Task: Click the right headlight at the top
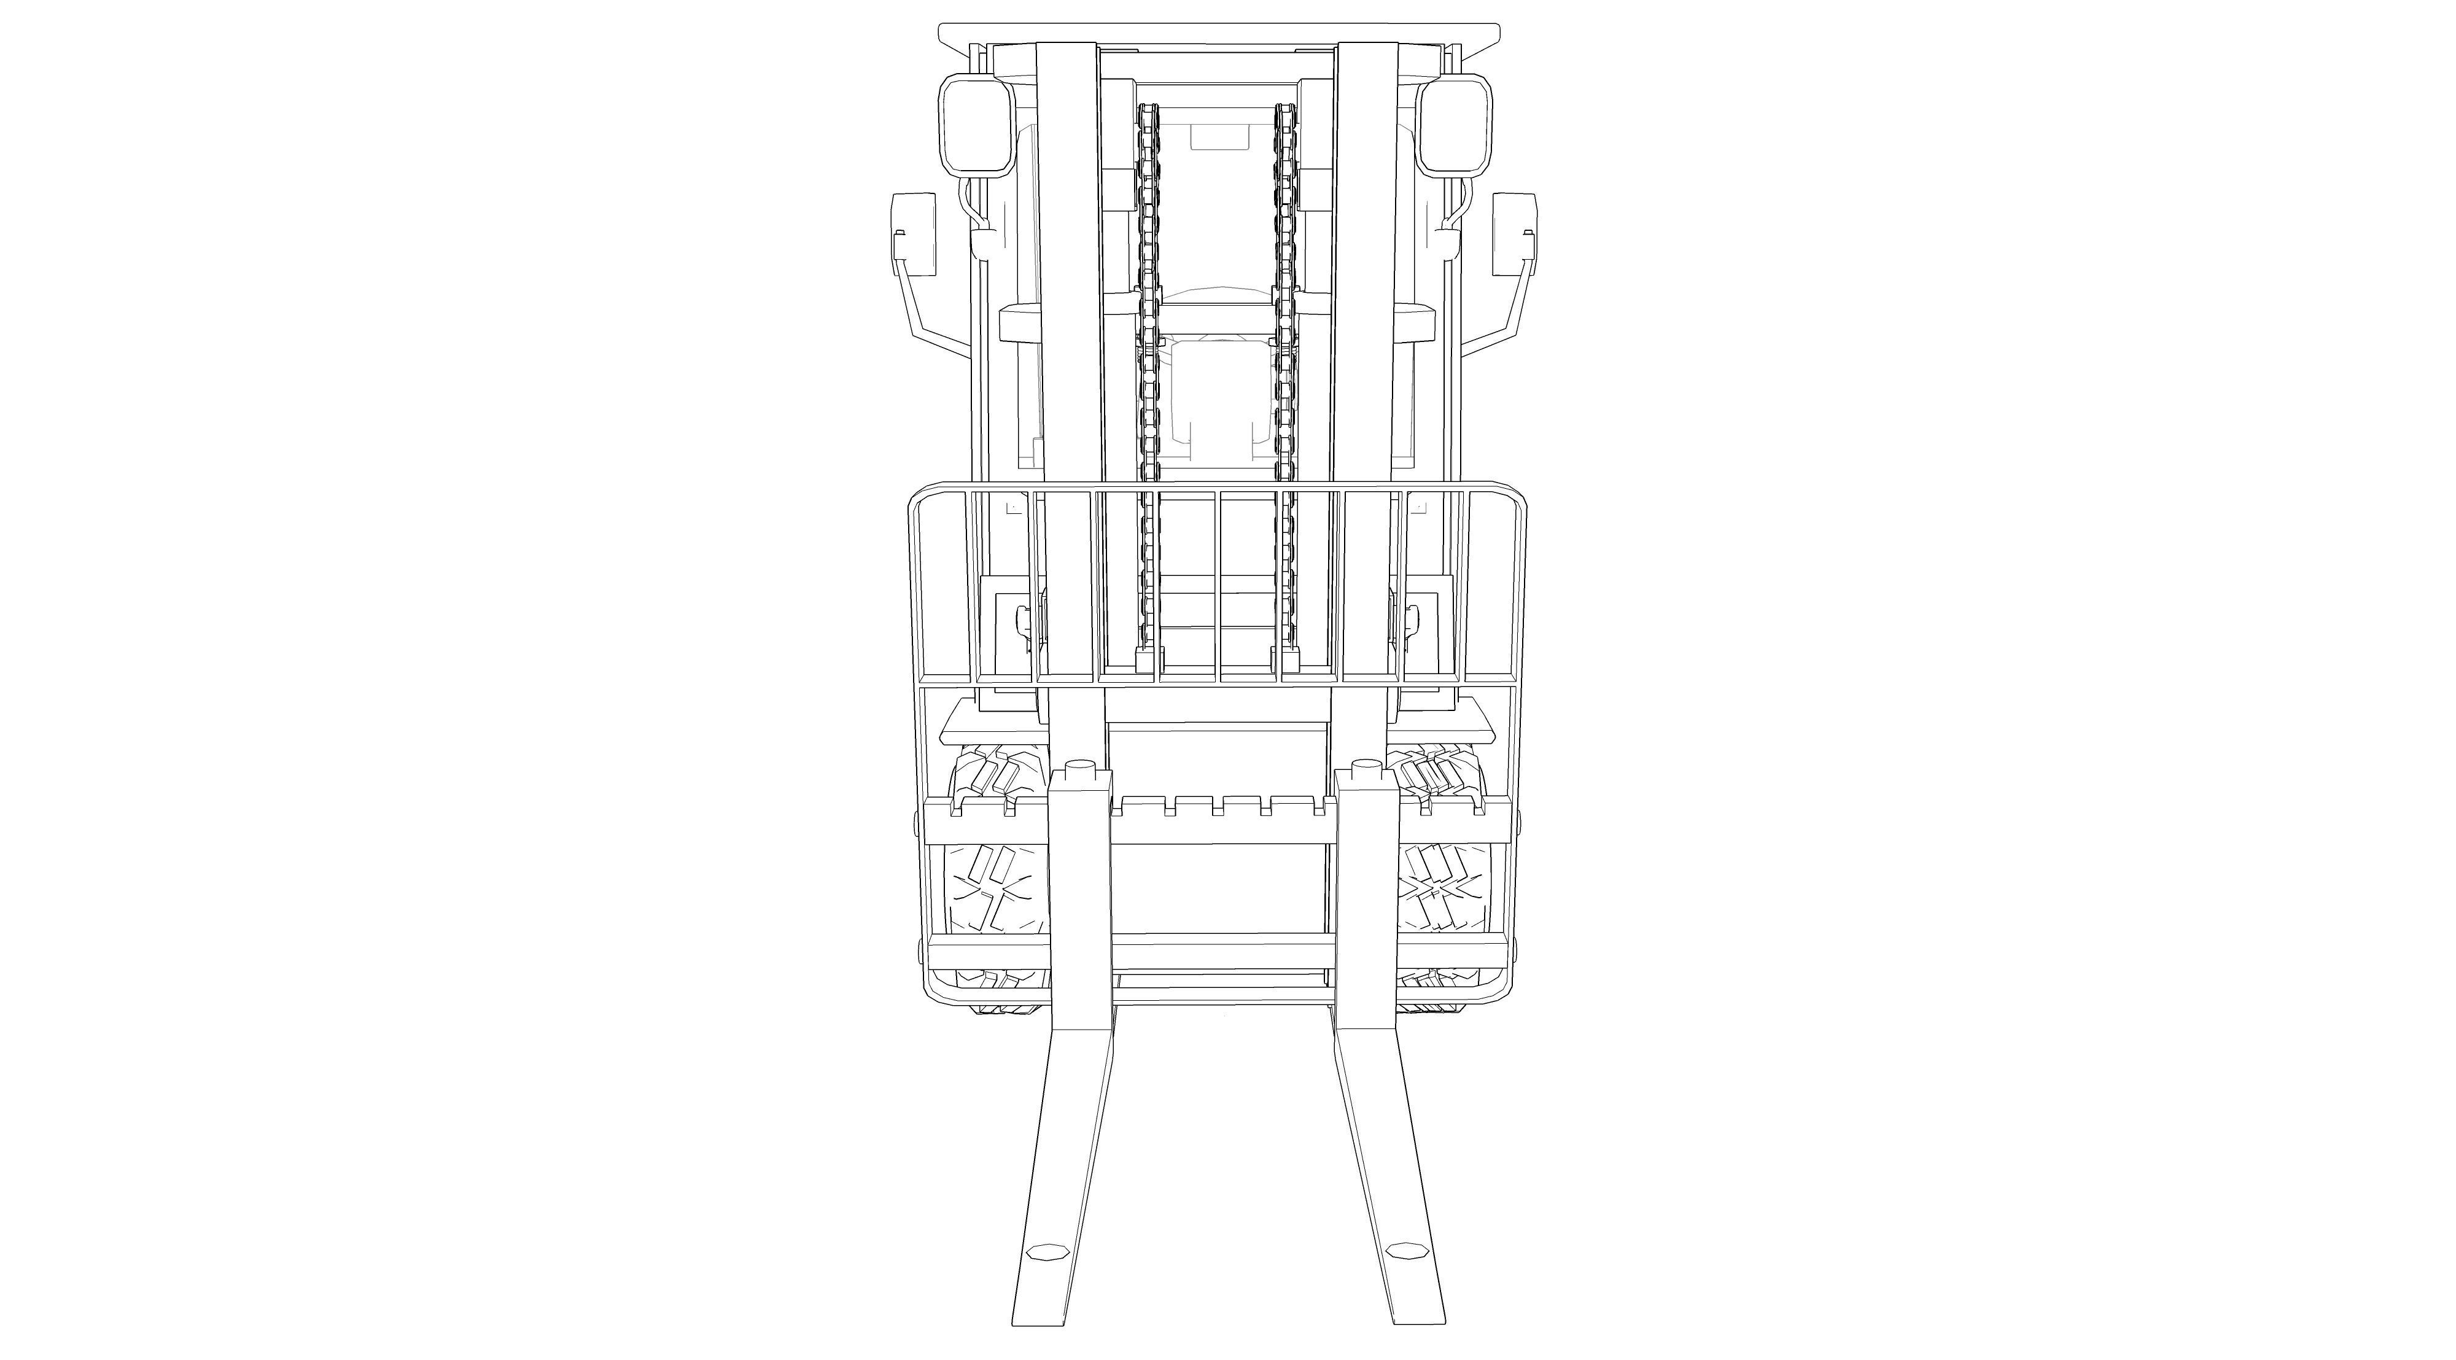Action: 1452,138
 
